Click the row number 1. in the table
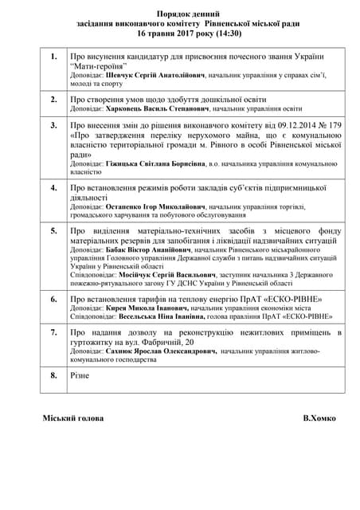tap(53, 58)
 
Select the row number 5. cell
tap(53, 230)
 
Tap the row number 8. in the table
tap(53, 374)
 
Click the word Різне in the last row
tap(80, 374)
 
